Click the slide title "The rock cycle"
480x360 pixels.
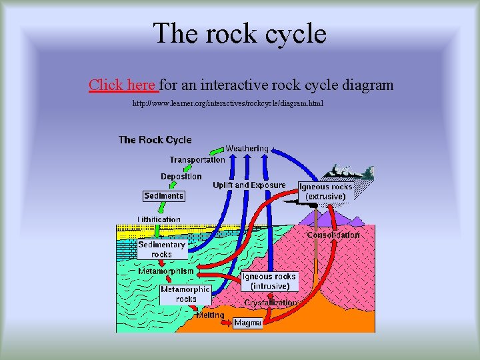point(239,33)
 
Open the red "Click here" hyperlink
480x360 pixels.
point(123,85)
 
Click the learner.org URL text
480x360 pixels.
point(227,104)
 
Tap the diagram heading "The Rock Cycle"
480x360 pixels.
point(155,140)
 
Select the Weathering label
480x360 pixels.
point(247,148)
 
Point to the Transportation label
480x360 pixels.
point(197,160)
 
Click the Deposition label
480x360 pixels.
point(181,177)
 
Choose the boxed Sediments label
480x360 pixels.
point(163,196)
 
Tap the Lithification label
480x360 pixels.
point(159,219)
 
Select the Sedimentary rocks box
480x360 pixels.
point(161,249)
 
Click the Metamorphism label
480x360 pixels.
point(167,271)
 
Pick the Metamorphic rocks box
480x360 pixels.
point(185,294)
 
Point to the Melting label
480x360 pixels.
point(210,315)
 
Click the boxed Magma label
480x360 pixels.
point(248,323)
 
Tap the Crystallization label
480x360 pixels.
point(270,303)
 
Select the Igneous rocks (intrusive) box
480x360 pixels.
point(269,281)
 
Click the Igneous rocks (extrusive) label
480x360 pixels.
point(325,192)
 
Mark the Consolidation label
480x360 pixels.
point(333,235)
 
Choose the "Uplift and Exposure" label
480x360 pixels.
point(249,185)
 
